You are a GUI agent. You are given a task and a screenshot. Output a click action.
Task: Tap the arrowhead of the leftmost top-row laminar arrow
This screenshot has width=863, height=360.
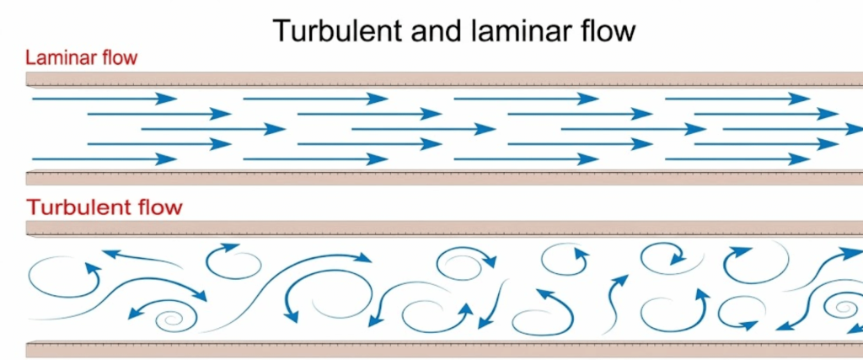click(x=168, y=99)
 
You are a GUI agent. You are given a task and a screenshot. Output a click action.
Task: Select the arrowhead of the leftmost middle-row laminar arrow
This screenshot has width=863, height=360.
click(x=276, y=129)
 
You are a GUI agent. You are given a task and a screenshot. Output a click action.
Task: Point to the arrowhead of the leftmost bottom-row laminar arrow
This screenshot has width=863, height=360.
click(x=168, y=159)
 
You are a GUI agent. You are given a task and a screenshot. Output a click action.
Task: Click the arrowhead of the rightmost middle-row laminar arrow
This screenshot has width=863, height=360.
click(x=853, y=129)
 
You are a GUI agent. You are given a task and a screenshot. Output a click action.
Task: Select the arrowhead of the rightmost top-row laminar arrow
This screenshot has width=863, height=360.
click(x=800, y=99)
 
